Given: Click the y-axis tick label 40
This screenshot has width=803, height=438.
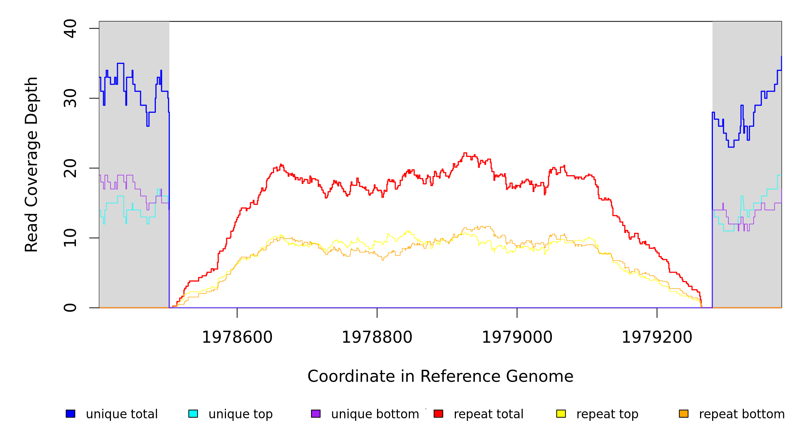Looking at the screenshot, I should tap(70, 28).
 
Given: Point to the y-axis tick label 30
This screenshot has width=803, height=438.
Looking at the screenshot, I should tap(70, 98).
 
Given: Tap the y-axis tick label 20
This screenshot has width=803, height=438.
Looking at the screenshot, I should tap(70, 168).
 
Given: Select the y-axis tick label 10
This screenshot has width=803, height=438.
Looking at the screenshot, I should tap(70, 238).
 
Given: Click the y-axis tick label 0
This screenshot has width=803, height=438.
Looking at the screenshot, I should tap(70, 308).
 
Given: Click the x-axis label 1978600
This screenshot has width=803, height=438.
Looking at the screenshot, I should tap(237, 337).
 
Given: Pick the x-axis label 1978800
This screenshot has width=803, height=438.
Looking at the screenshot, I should tap(377, 337).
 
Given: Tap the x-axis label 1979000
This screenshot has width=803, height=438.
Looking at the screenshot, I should tap(517, 337).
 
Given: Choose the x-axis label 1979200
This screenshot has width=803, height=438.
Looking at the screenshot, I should tap(657, 337).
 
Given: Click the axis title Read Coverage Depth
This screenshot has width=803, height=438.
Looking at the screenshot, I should tap(31, 164).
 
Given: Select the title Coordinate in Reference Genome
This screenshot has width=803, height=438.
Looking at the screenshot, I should tap(440, 376).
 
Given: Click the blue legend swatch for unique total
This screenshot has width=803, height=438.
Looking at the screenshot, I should tap(70, 414).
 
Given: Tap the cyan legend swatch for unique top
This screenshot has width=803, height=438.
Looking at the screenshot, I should tap(193, 414).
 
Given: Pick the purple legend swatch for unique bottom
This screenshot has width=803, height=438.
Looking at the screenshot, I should tap(316, 414).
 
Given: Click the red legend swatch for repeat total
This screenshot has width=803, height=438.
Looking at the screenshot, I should tap(438, 414).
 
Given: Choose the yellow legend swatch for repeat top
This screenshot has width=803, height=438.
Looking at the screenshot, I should tap(561, 414).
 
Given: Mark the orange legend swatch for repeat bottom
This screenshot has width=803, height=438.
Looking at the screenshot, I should tap(684, 414).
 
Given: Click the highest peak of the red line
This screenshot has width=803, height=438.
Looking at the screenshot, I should tap(465, 153).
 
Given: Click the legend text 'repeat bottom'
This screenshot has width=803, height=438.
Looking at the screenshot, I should tap(742, 414).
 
